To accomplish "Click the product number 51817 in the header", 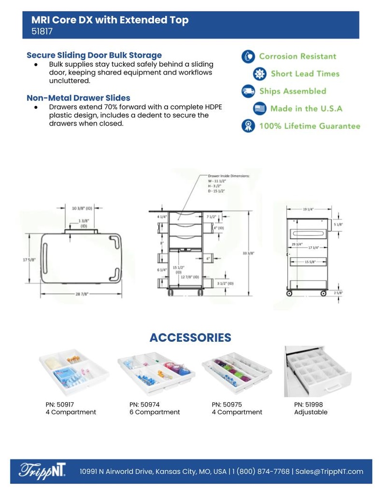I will pos(42,32).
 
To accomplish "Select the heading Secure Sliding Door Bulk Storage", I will pos(94,55).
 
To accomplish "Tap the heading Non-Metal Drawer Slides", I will pos(78,98).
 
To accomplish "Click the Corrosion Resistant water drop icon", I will pos(248,57).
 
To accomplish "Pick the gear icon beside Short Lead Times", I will pos(260,74).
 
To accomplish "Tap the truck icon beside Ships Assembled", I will pos(248,91).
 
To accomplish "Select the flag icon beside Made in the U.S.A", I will pos(260,108).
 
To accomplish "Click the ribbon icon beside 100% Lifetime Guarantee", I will pos(248,126).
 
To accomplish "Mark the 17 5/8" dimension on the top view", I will pos(30,260).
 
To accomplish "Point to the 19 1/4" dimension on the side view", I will pos(308,209).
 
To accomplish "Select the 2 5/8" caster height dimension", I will pos(338,292).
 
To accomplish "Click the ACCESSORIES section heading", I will pos(190,337).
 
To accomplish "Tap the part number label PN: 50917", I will pos(60,404).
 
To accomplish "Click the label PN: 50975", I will pos(227,404).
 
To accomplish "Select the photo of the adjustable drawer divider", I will pos(317,371).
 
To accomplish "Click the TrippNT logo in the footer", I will pos(42,471).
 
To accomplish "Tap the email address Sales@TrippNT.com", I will pos(329,471).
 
